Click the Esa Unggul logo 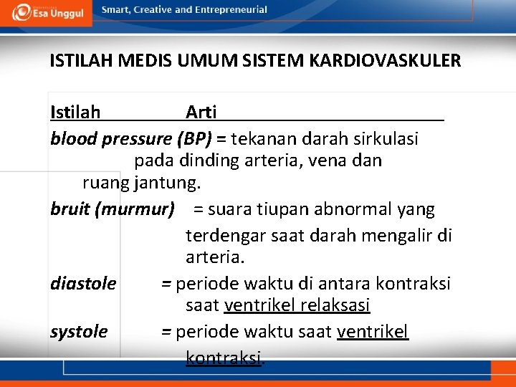coord(47,12)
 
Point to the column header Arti coord(201,112)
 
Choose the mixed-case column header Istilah coord(75,112)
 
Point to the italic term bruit coord(70,209)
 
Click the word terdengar coord(225,234)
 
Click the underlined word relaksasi coord(335,306)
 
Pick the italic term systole coord(79,332)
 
